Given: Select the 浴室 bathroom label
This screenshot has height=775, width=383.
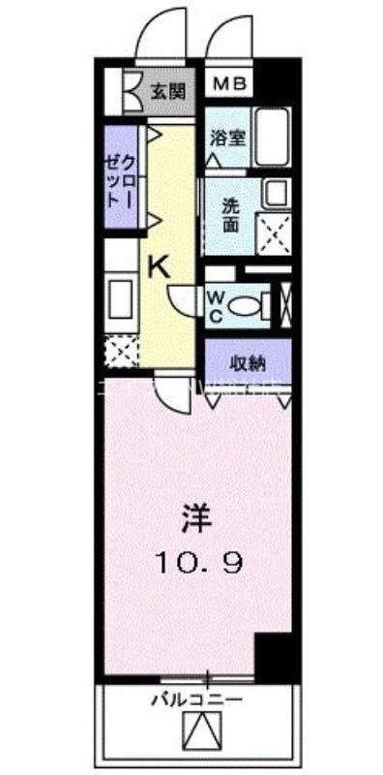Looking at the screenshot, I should [x=228, y=137].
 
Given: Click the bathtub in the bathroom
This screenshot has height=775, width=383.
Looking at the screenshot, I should [x=275, y=137].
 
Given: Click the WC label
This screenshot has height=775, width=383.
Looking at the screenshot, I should [x=217, y=304].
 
